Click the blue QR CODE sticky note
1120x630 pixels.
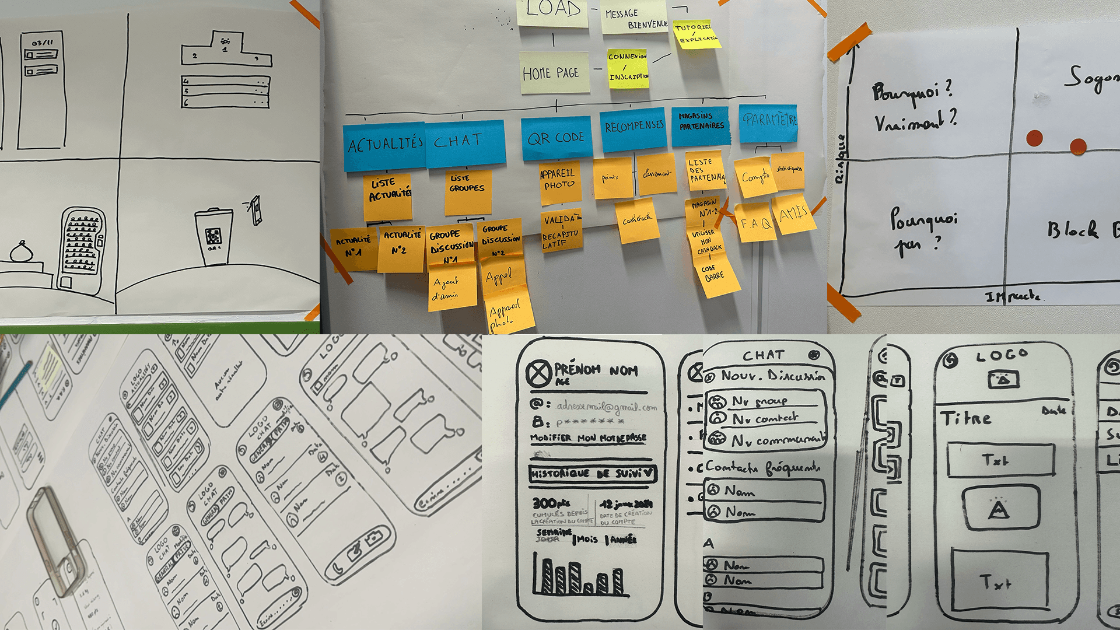556,138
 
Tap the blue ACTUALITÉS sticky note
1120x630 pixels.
384,145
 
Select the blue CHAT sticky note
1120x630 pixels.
465,142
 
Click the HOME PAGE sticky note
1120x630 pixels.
553,73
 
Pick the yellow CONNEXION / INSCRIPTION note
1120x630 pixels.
628,68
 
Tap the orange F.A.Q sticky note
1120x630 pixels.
755,222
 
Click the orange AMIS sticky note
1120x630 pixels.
793,214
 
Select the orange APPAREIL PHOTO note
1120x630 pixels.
560,182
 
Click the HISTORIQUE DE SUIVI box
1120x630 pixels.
593,474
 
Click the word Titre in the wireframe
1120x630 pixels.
966,418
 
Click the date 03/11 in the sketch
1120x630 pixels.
42,43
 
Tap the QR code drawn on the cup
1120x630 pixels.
213,236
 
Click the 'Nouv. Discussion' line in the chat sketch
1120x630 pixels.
772,375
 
